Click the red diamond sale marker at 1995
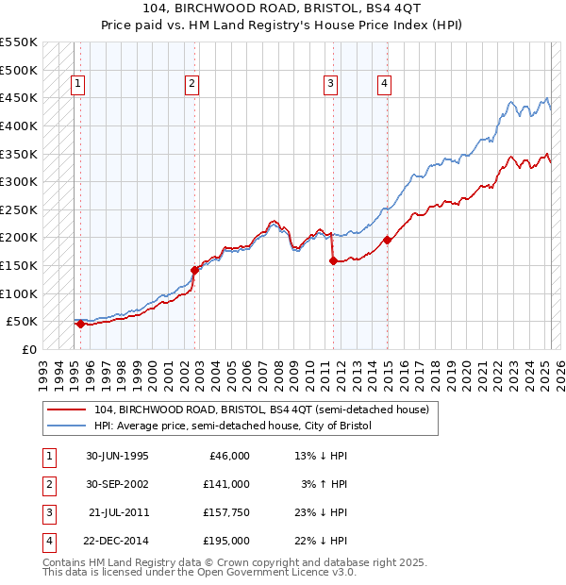point(80,324)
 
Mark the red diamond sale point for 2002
point(194,270)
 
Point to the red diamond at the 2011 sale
point(333,261)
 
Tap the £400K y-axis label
point(19,125)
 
